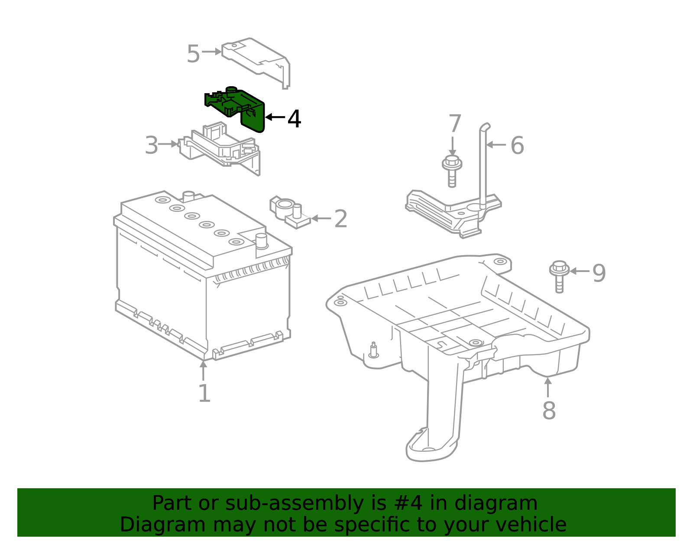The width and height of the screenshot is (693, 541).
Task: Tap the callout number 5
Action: [193, 55]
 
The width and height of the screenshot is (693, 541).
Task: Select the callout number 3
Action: [152, 145]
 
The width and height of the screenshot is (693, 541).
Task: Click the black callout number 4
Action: [295, 119]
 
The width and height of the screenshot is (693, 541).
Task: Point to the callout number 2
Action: [341, 219]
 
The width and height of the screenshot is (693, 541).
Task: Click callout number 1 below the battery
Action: [204, 393]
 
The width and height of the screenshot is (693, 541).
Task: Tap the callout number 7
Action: [455, 124]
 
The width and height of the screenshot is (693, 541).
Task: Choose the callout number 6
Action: [517, 146]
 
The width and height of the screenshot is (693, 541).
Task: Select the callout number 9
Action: [599, 273]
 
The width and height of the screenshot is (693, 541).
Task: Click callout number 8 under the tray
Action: [549, 410]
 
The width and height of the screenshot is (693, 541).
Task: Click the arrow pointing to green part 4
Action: [275, 117]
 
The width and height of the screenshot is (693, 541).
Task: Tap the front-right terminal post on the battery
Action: [261, 241]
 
